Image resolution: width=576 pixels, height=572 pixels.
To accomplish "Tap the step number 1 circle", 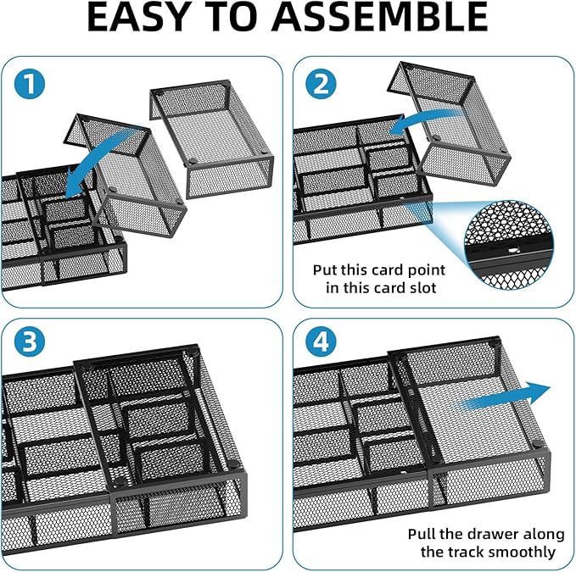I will tap(29, 86).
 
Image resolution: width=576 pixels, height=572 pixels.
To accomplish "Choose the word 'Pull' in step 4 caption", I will tap(422, 535).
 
